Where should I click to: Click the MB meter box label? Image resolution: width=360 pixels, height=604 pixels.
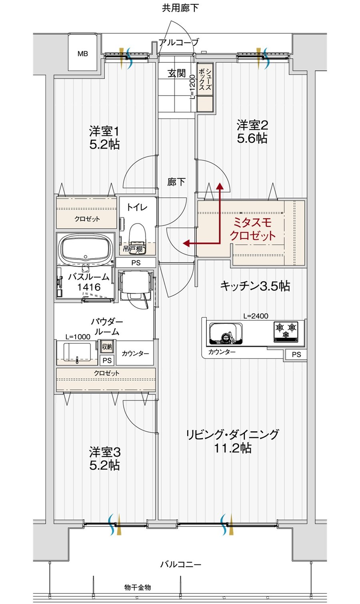(82, 54)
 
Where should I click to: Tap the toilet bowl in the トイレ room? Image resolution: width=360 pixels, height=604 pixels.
(137, 238)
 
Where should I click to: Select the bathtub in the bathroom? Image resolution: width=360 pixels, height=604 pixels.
(86, 248)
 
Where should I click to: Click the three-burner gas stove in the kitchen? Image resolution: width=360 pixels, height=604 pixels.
(286, 331)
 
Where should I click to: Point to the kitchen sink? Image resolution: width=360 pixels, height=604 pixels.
(226, 333)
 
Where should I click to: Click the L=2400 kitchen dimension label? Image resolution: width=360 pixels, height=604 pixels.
(256, 316)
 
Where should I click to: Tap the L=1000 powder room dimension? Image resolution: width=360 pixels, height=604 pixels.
(78, 337)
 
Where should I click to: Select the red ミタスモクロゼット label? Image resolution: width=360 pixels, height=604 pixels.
(252, 229)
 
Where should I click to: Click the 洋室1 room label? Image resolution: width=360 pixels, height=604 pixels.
(104, 132)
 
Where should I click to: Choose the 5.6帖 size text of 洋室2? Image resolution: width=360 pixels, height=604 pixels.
(252, 138)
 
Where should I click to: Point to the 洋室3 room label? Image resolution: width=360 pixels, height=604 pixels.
(105, 452)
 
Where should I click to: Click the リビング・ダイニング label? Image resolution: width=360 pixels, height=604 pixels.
(233, 435)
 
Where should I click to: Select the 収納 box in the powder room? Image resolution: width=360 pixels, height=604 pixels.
(107, 347)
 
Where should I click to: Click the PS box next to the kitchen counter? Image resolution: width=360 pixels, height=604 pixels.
(296, 355)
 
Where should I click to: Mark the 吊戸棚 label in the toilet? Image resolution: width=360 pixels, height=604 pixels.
(132, 249)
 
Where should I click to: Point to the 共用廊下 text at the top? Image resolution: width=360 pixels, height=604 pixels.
(180, 8)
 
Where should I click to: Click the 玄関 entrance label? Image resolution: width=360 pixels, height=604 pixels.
(176, 73)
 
